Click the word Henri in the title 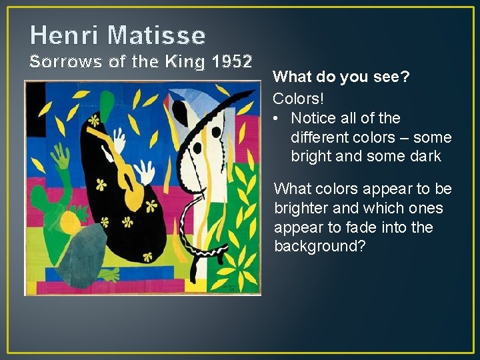60,34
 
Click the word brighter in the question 300,209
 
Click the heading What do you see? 341,77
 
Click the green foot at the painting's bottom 107,274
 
